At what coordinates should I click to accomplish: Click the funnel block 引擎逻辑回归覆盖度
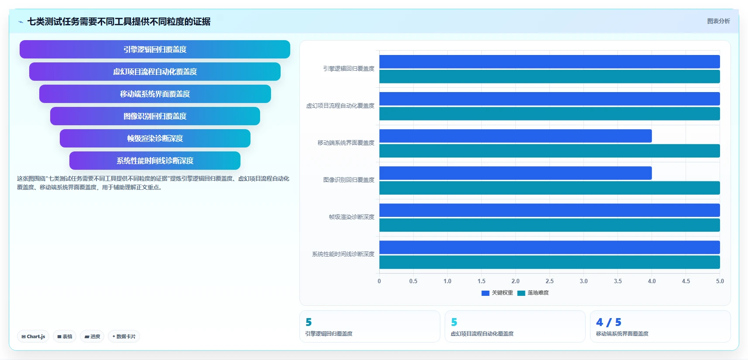coord(154,49)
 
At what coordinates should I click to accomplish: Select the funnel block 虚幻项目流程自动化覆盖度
coord(154,72)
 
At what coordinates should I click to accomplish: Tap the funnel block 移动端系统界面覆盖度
coord(155,94)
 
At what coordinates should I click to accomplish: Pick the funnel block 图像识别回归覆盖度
coord(155,116)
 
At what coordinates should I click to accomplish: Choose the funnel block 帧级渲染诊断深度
coord(155,138)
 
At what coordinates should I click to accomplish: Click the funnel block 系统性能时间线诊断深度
coord(155,161)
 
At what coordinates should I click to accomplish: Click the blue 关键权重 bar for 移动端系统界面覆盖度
coord(515,136)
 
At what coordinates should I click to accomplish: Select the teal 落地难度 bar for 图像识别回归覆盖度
coord(549,188)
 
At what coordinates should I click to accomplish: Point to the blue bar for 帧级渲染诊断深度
coord(549,210)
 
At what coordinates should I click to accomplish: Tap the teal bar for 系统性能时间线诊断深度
coord(549,262)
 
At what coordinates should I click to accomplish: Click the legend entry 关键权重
coord(497,293)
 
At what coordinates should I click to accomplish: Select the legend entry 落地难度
coord(533,293)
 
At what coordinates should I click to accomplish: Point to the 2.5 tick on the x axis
coord(549,281)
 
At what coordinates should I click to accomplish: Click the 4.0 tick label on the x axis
coord(652,281)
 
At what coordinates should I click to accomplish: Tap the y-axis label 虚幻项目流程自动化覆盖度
coord(340,106)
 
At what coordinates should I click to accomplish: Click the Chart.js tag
coord(33,336)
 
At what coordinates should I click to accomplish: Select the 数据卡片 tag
coord(124,336)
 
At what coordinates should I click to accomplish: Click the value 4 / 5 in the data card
coord(608,322)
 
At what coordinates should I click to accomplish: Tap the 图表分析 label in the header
coord(718,21)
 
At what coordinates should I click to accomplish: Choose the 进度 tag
coord(92,336)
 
